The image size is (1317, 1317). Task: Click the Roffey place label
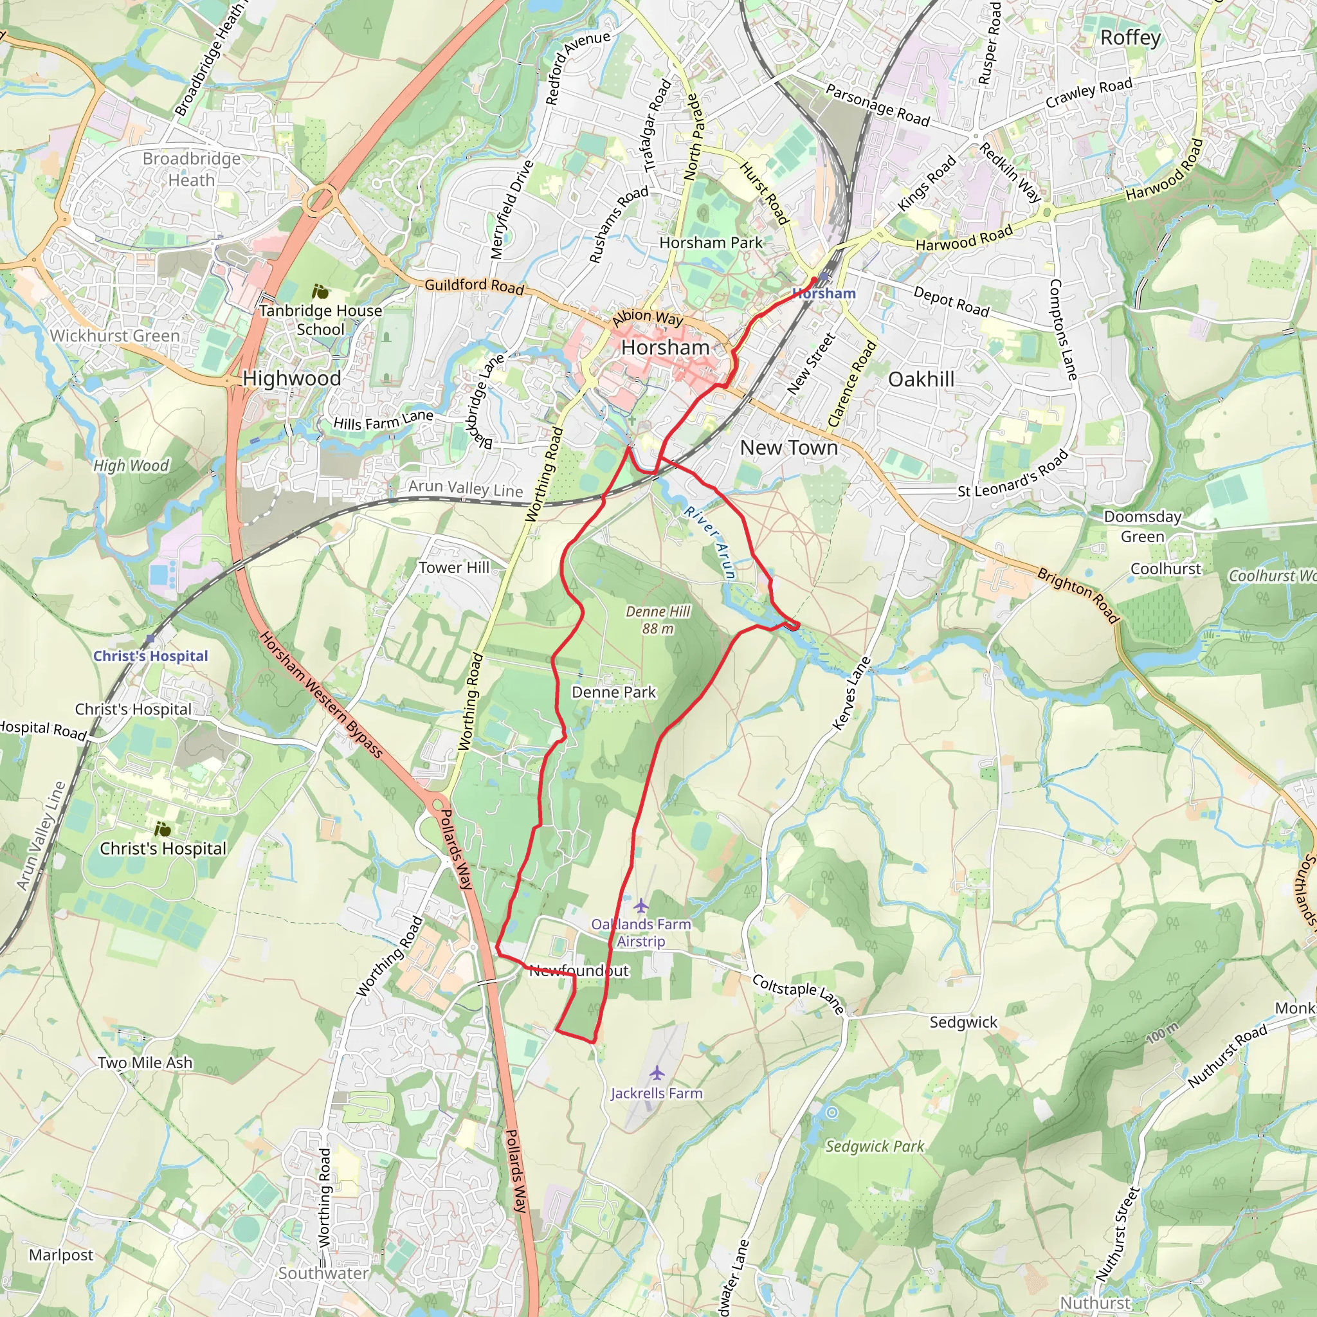tap(1131, 38)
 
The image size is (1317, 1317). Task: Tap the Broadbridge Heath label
tap(192, 169)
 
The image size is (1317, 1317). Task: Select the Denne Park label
tap(613, 692)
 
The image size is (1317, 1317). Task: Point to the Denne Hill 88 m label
tap(658, 620)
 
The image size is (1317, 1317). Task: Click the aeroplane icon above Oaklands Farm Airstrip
tap(640, 906)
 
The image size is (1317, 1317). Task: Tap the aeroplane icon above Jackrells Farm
tap(657, 1074)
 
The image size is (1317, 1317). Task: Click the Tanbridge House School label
tap(320, 320)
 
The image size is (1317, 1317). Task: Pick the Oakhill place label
tap(921, 379)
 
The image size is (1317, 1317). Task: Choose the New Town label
tap(788, 448)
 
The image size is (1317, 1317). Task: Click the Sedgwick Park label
tap(875, 1146)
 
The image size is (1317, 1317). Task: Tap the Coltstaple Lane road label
tap(798, 993)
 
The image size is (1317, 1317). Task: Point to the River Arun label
tap(711, 543)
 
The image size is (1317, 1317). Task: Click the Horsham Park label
tap(711, 242)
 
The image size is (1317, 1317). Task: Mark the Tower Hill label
tap(454, 567)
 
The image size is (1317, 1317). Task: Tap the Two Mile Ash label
tap(145, 1062)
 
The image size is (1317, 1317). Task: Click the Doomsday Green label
tap(1143, 526)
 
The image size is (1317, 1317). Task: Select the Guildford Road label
tap(475, 286)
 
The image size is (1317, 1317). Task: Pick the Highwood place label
tap(292, 378)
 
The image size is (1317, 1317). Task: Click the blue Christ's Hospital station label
tap(150, 656)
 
